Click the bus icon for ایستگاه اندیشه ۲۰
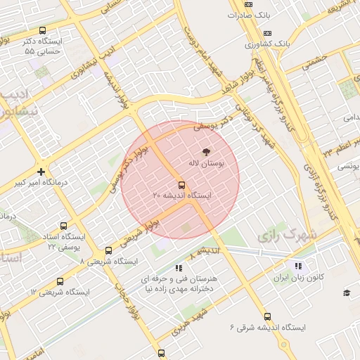coord(182,185)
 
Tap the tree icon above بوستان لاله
coord(206,151)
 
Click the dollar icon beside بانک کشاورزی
coord(266,33)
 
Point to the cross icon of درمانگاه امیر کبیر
coord(41,172)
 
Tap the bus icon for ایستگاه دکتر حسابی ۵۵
coord(43,31)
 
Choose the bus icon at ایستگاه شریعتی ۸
coord(108,250)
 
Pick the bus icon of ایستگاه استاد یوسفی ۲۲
coord(64,226)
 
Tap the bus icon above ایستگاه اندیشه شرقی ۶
coord(267,316)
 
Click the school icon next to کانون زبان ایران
coord(299,266)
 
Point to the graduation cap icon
coord(346,292)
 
